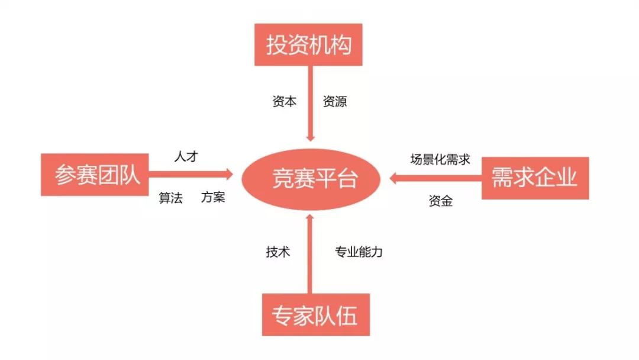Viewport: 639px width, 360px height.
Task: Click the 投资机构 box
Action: (308, 44)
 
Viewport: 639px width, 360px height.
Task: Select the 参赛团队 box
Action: (95, 175)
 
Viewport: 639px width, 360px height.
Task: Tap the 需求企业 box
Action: (535, 178)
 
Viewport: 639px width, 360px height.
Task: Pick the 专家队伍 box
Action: (316, 315)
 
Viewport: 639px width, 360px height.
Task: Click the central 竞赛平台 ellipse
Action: (311, 179)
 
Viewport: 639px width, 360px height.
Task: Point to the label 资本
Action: (285, 101)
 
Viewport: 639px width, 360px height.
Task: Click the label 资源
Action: (334, 101)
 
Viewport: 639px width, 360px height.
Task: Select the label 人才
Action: (186, 156)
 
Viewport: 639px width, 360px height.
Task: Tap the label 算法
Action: (171, 198)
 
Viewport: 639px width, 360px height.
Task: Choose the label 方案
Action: (213, 197)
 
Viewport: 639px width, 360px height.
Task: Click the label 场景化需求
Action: (440, 159)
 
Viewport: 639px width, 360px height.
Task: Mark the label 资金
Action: (441, 201)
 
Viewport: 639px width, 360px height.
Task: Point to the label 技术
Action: (278, 252)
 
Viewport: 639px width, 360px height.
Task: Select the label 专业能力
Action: (359, 252)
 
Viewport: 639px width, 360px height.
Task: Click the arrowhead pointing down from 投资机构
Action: (311, 137)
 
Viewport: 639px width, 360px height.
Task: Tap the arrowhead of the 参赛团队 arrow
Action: (228, 175)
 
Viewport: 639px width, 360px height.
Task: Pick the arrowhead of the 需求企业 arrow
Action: (394, 178)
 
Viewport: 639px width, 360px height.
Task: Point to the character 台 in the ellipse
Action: (348, 179)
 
